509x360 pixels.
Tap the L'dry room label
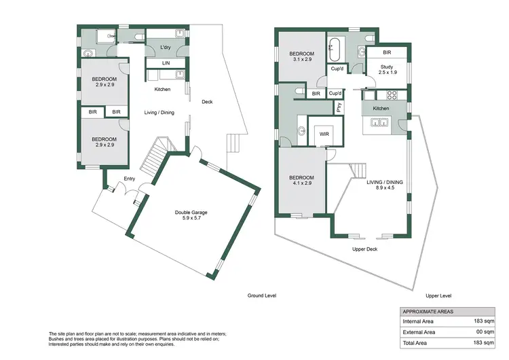pos(165,47)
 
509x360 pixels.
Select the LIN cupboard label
pos(166,62)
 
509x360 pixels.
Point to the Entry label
pos(129,179)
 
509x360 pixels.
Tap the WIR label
pos(324,134)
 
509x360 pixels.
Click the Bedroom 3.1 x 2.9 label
pos(301,57)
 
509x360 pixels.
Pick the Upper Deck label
pos(364,249)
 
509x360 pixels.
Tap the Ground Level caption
pos(263,296)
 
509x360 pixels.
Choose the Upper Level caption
pos(438,296)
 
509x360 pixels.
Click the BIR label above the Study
pos(386,52)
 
